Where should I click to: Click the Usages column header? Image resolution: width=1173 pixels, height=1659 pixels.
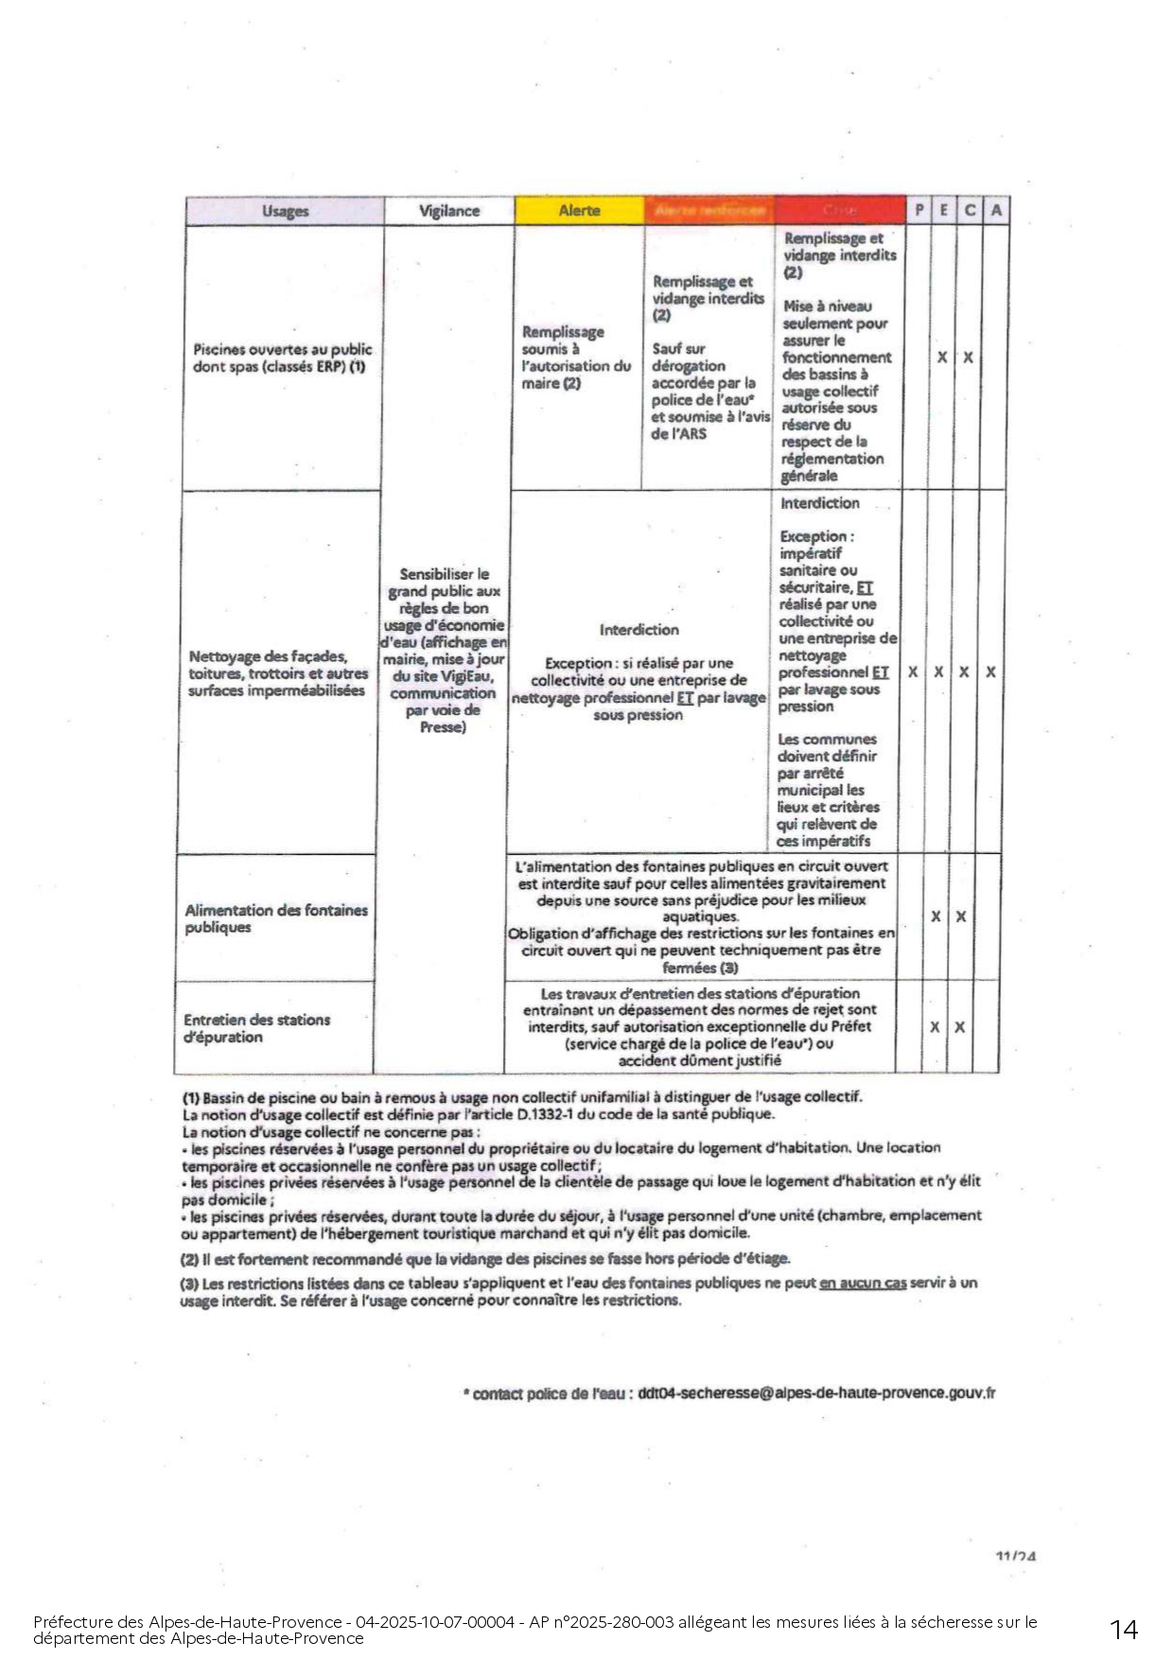[285, 211]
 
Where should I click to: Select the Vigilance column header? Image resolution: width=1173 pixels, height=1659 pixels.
[449, 211]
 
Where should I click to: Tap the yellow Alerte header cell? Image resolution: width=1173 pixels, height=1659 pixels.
[579, 211]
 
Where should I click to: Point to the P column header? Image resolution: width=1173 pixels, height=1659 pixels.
[919, 211]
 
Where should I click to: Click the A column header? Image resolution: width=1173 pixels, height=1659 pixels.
[995, 211]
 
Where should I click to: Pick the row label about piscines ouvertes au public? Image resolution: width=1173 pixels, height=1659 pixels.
[282, 358]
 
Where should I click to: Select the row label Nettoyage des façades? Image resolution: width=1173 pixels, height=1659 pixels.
[278, 673]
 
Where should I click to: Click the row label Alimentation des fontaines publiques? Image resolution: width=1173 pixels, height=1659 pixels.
[275, 918]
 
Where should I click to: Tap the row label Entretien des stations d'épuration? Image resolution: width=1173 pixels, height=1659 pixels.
[257, 1028]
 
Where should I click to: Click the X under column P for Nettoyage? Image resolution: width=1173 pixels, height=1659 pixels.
[913, 672]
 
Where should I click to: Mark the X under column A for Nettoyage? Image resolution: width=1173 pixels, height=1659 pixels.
[990, 672]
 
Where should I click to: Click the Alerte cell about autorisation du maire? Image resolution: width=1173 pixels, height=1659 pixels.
[575, 358]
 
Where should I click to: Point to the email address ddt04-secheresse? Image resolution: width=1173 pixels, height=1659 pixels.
[816, 1393]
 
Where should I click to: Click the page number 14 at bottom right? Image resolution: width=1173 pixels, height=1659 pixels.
[1124, 1630]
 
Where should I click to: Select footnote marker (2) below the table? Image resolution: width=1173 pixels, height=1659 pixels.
[189, 1259]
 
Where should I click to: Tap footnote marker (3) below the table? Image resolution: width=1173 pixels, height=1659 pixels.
[189, 1284]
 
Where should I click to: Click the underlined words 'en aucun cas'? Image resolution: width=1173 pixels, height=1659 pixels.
[862, 1284]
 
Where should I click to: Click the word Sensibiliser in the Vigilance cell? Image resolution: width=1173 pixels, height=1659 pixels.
[444, 574]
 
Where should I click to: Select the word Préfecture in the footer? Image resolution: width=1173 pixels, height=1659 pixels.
[69, 1622]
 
